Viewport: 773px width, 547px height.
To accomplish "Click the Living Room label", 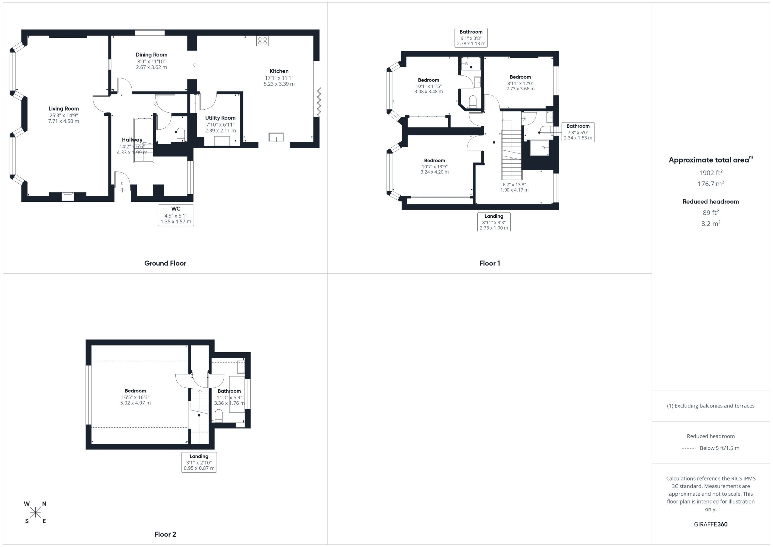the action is click(64, 108).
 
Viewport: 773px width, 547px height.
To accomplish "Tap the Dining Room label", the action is click(152, 55).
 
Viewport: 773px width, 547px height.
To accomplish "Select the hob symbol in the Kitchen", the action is click(262, 41).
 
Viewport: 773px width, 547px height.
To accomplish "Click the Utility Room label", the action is click(220, 118).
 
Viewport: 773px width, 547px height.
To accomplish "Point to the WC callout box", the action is click(176, 215).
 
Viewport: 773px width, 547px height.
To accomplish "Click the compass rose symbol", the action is click(35, 513).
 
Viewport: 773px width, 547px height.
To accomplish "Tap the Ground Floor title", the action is click(165, 263).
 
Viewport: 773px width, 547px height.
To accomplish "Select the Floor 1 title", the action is click(489, 263).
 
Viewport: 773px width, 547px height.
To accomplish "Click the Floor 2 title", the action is click(165, 534).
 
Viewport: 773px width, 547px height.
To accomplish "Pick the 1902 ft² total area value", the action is click(711, 172).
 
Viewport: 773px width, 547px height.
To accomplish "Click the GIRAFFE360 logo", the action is click(711, 524).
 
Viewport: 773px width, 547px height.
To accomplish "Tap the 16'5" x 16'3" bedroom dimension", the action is click(135, 397).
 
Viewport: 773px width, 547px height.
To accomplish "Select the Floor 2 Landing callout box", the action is click(199, 462).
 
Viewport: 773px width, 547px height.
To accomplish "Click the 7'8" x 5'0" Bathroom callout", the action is click(578, 132).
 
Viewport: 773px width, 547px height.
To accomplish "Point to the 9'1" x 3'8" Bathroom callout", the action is click(471, 38).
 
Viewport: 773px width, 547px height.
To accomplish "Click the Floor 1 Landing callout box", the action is click(494, 222).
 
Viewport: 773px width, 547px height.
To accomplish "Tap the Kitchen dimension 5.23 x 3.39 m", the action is click(279, 84).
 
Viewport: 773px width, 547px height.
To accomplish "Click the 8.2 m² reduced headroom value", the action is click(711, 223).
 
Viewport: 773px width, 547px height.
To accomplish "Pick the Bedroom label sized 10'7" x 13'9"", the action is click(434, 160).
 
